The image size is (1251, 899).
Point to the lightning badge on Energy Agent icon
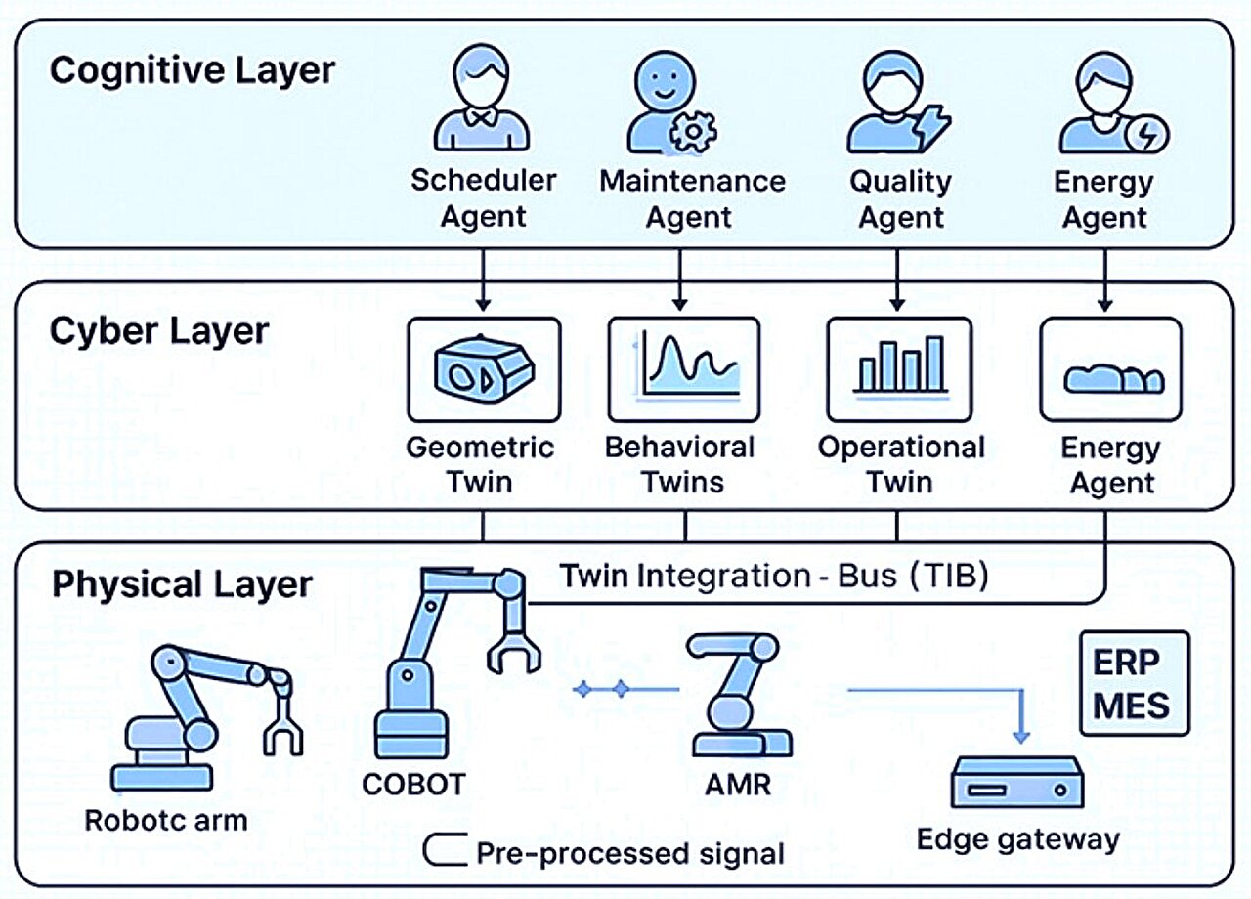click(1146, 136)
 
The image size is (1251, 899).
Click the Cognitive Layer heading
click(193, 71)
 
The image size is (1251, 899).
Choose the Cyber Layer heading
click(158, 331)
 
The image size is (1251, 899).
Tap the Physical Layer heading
click(182, 584)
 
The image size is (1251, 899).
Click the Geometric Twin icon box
click(483, 368)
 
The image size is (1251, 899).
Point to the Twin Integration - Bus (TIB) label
click(773, 576)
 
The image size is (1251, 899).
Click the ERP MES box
click(1134, 683)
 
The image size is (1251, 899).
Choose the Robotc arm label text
click(166, 819)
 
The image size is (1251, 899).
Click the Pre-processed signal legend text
click(629, 853)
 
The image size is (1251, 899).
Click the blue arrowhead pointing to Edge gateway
click(1020, 733)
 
